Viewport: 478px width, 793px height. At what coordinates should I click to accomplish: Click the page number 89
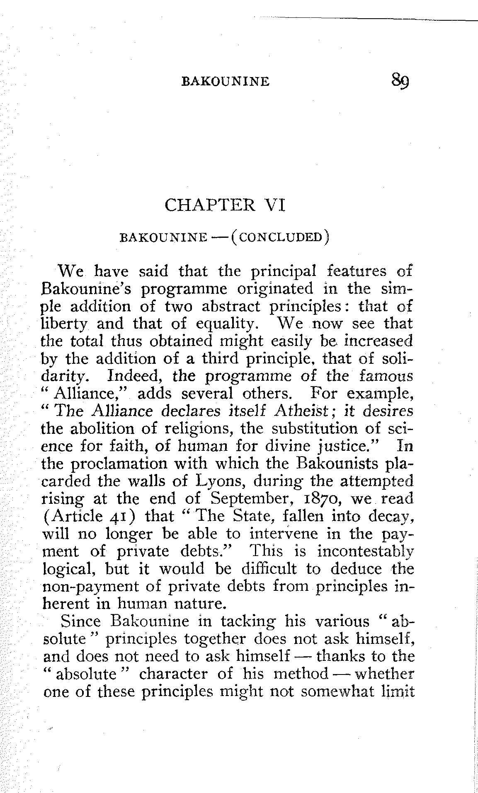(400, 80)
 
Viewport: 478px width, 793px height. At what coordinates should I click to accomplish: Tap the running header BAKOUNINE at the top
(226, 81)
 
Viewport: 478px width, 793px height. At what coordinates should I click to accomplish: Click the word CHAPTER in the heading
(210, 205)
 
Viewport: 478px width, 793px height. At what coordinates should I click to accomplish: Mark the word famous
(387, 377)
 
